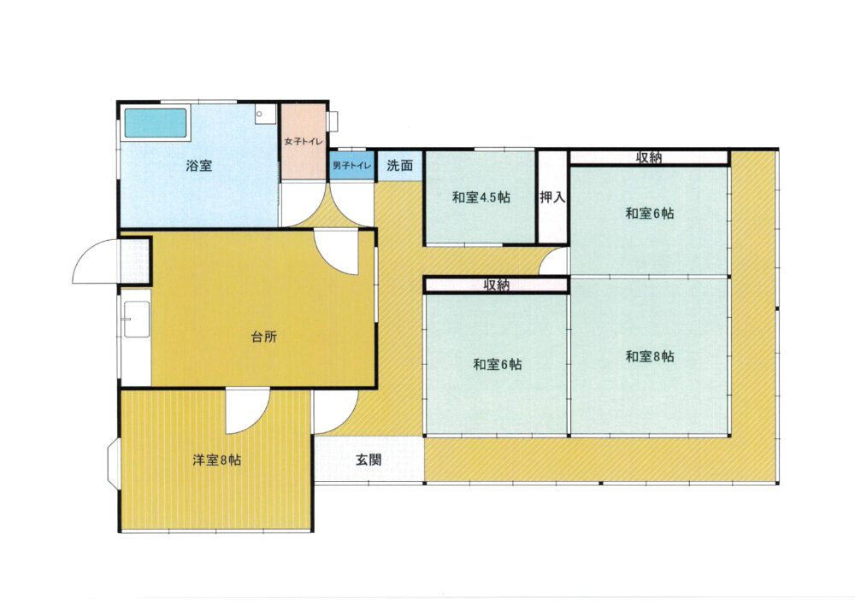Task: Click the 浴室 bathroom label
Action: [199, 166]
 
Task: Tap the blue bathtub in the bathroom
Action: [156, 123]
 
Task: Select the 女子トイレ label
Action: [304, 142]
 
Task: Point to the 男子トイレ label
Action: [352, 166]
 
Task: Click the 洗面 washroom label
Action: [399, 166]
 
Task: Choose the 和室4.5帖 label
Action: [481, 197]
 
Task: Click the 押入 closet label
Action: [552, 197]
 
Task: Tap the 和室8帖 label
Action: [650, 357]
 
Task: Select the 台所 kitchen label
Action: [264, 337]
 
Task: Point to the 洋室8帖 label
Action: [216, 460]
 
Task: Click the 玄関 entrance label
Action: [369, 460]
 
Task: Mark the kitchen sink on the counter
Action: [135, 320]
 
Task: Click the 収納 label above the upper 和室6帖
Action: [649, 157]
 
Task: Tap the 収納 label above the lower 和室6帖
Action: [497, 284]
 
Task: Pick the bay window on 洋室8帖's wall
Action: [114, 461]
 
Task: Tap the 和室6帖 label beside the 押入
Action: [650, 214]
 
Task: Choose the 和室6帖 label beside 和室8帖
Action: [498, 364]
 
